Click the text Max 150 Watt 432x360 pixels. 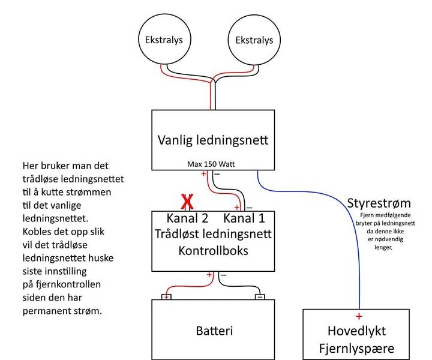(211, 163)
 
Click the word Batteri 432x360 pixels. (214, 331)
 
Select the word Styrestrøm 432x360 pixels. (379, 202)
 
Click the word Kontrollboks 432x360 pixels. (214, 250)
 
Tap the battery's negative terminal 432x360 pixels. (260, 296)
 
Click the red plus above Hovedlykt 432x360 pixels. (359, 316)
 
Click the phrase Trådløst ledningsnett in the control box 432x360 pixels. (214, 234)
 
